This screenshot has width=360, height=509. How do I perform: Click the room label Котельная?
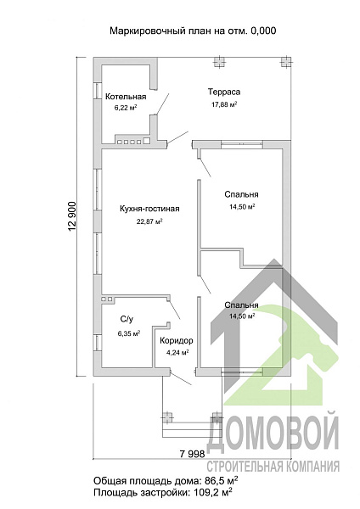click(126, 97)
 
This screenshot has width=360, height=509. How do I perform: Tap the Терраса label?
click(224, 92)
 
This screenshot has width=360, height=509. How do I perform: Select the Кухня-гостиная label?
click(149, 209)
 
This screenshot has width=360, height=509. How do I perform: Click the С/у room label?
click(127, 320)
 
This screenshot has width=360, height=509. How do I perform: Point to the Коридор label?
click(177, 340)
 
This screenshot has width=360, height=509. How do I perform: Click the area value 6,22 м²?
click(126, 108)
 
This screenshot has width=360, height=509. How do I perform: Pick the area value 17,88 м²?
click(224, 104)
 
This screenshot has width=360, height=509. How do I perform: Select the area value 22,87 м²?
click(149, 221)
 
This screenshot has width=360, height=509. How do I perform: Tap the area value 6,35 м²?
click(129, 333)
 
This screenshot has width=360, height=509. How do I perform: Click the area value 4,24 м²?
click(177, 353)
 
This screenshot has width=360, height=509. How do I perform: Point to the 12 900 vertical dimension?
click(72, 217)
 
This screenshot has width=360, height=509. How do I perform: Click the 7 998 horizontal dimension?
click(193, 454)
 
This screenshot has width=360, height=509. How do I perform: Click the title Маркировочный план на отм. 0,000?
click(193, 31)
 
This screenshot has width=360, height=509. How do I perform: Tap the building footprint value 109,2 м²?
click(212, 492)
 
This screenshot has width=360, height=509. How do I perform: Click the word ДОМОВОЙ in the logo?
click(273, 433)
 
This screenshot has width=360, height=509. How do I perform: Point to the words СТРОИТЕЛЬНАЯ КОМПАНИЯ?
click(273, 467)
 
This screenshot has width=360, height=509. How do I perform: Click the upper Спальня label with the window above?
click(241, 194)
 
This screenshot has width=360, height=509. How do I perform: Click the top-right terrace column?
click(286, 62)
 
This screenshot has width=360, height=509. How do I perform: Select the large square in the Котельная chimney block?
click(147, 141)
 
